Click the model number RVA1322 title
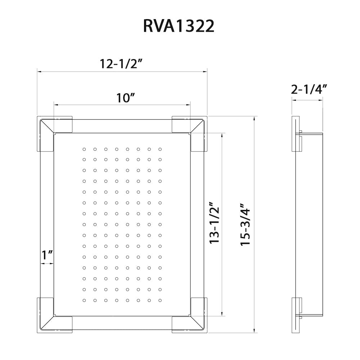(x=179, y=27)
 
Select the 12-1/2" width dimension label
(x=122, y=64)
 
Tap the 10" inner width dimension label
(x=125, y=97)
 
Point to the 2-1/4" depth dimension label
(x=309, y=89)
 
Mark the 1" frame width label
(x=47, y=255)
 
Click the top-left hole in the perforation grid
(x=84, y=149)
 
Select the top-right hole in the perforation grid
(x=160, y=149)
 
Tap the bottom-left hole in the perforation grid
(x=84, y=300)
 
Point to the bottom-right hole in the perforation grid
(x=160, y=300)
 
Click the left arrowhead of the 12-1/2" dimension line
(x=39, y=72)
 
